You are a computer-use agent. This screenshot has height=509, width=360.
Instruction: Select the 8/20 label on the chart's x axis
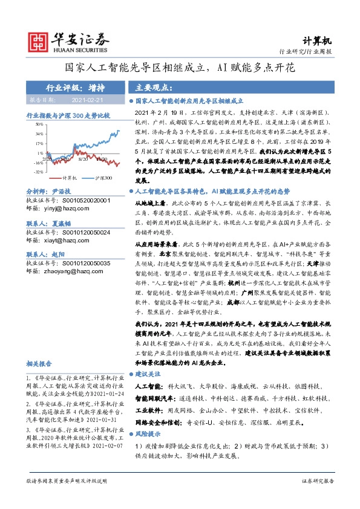[83, 159]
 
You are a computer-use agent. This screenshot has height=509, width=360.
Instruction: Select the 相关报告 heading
[41, 363]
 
